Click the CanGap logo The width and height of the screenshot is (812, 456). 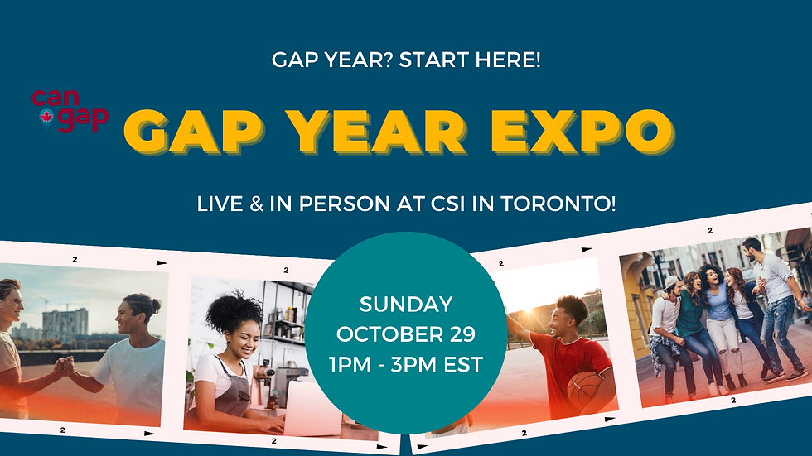point(70,111)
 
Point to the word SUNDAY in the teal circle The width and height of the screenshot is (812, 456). point(406,305)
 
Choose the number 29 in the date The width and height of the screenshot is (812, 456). point(460,334)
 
